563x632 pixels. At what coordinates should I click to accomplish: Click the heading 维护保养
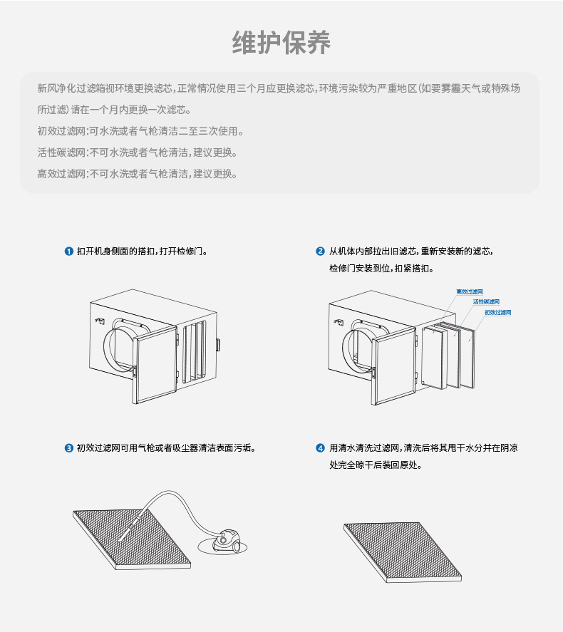(x=281, y=43)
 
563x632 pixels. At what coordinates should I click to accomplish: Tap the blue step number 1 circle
(x=68, y=252)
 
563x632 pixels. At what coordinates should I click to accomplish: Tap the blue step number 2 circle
(x=320, y=252)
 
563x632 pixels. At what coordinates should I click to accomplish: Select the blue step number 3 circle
(x=68, y=448)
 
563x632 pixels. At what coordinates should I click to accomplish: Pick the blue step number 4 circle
(x=320, y=448)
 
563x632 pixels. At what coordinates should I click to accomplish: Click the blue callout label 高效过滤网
(x=470, y=292)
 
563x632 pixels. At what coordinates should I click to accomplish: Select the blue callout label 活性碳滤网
(x=486, y=302)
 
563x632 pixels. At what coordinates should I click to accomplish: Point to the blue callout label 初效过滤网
(x=498, y=312)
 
